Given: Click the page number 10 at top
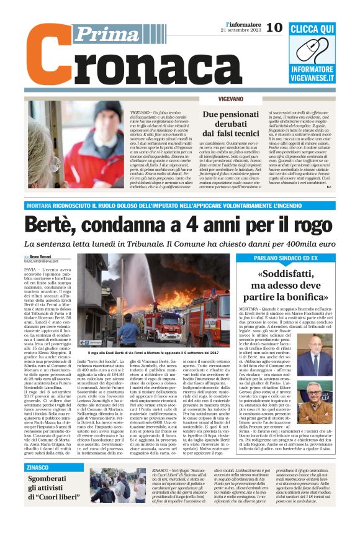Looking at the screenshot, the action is pyautogui.click(x=274, y=27).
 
